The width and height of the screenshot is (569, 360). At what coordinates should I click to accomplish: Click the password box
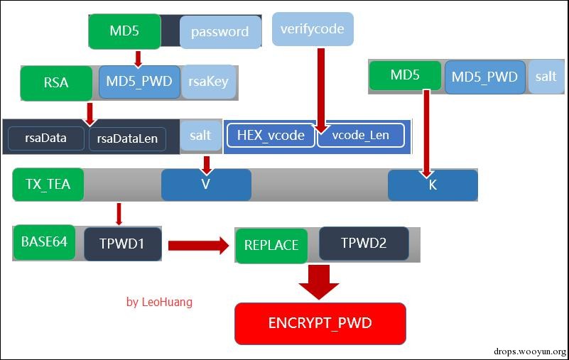coord(220,32)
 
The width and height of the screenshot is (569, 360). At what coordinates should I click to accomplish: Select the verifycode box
coord(313,29)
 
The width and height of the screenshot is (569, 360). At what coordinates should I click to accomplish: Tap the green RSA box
coord(56,82)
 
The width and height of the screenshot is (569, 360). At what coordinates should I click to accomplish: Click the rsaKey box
coord(209,82)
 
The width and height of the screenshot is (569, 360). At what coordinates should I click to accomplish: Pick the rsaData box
coord(46,138)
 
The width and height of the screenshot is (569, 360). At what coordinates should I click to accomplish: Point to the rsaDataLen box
coord(127,138)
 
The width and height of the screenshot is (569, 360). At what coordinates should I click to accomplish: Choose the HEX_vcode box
coord(271,135)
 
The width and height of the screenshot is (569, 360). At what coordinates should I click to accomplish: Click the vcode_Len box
coord(362,135)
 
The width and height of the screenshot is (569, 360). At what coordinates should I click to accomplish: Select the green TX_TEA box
coord(48,185)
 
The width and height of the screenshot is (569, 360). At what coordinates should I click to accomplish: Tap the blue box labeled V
coord(206,185)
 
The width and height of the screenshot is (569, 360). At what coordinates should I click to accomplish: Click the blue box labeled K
coord(433,185)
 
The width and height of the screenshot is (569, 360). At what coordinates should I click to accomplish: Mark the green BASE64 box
coord(44,241)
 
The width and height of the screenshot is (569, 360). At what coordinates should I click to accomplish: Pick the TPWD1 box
coord(123,244)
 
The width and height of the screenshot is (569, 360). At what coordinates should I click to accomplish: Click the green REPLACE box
coord(271,245)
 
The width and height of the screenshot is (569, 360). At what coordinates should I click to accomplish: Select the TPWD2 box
coord(364,243)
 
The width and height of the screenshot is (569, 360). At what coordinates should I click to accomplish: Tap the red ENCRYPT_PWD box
coord(320,323)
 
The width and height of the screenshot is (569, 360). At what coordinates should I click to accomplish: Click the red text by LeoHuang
coord(159,302)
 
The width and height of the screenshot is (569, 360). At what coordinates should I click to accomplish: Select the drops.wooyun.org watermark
coord(530,351)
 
